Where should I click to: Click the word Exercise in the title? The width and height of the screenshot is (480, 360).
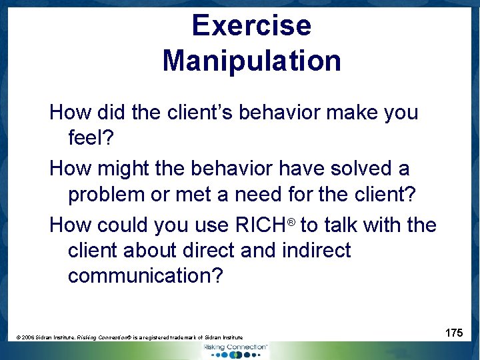coord(251,26)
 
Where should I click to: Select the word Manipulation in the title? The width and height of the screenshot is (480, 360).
coord(251,61)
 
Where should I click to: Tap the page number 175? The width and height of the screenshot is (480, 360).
coord(454,332)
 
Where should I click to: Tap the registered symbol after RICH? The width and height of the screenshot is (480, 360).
coord(291,220)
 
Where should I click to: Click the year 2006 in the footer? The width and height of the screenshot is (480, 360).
coord(29,338)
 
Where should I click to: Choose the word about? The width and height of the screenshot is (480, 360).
coord(159,250)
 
